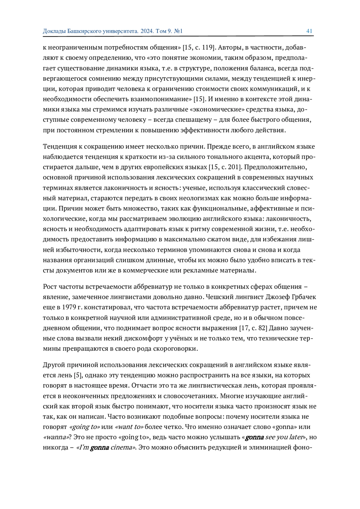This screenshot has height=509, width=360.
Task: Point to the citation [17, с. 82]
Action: [x=253, y=328]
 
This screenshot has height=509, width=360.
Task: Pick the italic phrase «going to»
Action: [x=85, y=427]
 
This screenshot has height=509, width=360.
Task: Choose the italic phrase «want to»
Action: [x=129, y=427]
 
